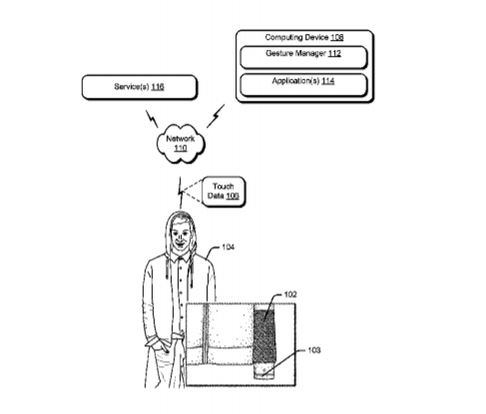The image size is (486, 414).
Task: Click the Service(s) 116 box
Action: pyautogui.click(x=140, y=87)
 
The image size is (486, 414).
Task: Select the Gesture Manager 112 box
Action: pyautogui.click(x=303, y=58)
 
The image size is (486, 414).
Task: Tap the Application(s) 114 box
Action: pyautogui.click(x=303, y=85)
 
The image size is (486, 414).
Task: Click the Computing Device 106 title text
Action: pyautogui.click(x=304, y=37)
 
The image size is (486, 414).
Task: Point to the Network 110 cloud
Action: pyautogui.click(x=181, y=144)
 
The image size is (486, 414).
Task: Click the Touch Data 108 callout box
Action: pyautogui.click(x=224, y=192)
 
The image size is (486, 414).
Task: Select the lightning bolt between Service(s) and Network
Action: pyautogui.click(x=152, y=119)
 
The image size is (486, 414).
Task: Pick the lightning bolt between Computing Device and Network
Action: pyautogui.click(x=216, y=116)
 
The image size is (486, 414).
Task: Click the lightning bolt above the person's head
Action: pyautogui.click(x=181, y=193)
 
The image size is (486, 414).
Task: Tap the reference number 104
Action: pyautogui.click(x=228, y=247)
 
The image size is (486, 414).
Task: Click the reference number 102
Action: pyautogui.click(x=290, y=294)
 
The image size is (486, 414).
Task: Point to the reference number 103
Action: pyautogui.click(x=314, y=350)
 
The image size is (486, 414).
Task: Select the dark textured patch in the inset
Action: pyautogui.click(x=264, y=336)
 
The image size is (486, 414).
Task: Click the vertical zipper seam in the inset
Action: pyautogui.click(x=206, y=334)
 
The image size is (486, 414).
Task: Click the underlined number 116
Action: pyautogui.click(x=158, y=87)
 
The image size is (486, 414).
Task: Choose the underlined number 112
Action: pyautogui.click(x=334, y=54)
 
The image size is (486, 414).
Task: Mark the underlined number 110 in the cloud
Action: pyautogui.click(x=181, y=149)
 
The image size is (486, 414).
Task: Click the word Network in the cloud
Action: pyautogui.click(x=181, y=139)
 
